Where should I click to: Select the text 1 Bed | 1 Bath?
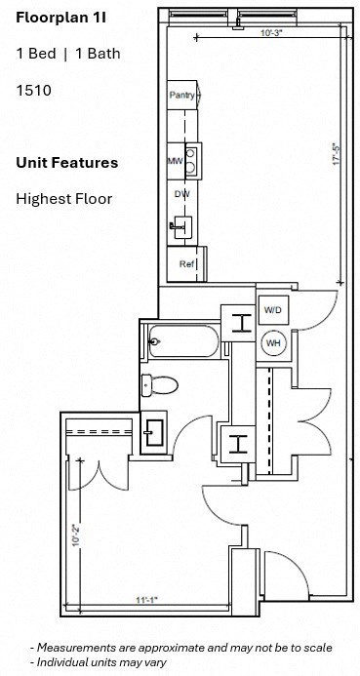68,54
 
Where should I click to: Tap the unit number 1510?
33,90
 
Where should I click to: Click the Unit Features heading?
67,163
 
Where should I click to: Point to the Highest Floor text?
64,199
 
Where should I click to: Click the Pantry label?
181,95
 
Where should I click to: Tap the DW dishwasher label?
181,194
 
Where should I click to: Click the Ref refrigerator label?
186,263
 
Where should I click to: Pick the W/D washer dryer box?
272,310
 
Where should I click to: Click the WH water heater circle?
273,342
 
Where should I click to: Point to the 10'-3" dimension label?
272,33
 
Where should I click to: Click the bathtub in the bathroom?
182,342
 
